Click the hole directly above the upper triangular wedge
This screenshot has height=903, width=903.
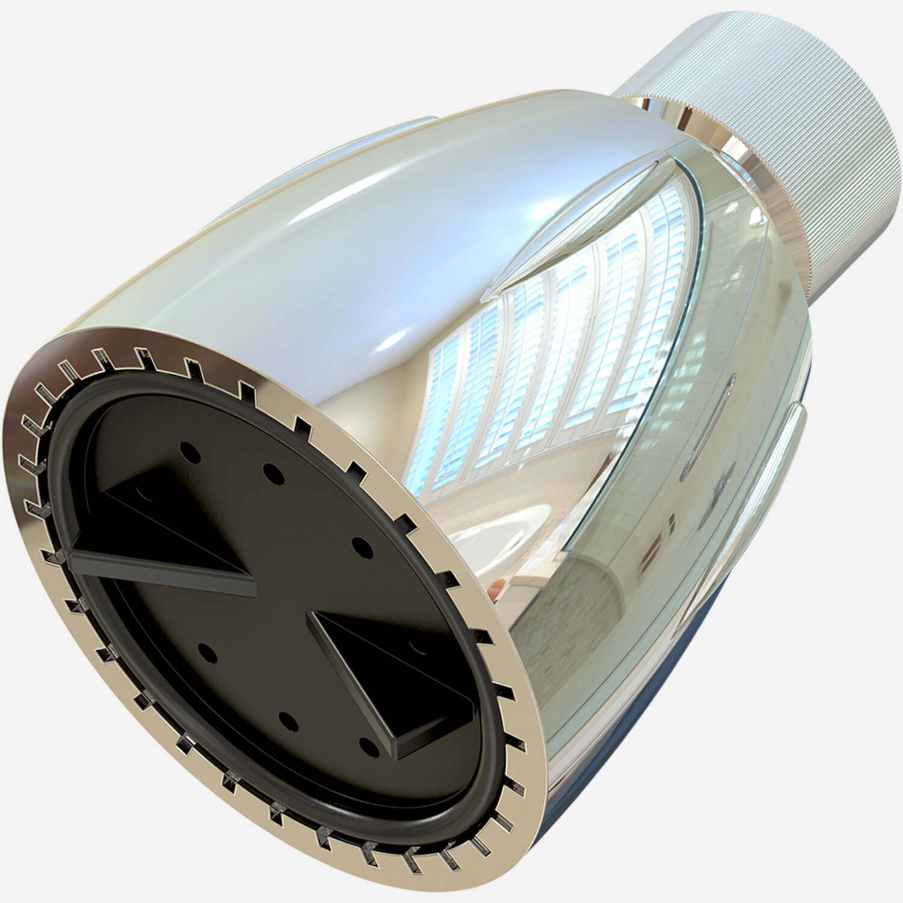(x=191, y=452)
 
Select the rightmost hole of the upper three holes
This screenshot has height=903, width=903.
(x=361, y=547)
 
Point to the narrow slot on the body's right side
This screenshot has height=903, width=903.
(x=710, y=421)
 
